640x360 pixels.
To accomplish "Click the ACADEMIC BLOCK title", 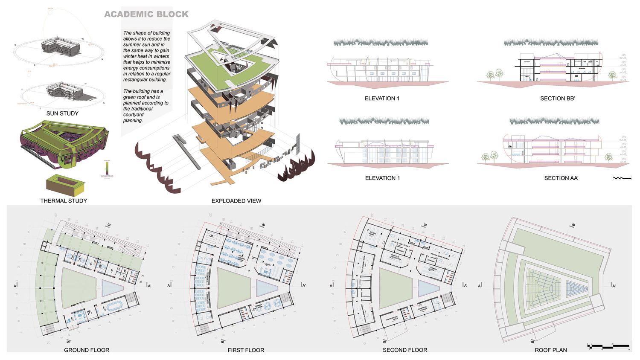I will tap(146, 14).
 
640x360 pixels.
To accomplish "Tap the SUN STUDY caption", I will tap(62, 113).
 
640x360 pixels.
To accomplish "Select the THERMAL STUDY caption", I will tap(64, 200).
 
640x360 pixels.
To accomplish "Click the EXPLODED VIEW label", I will tap(236, 200).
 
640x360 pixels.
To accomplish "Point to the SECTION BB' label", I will tap(558, 99).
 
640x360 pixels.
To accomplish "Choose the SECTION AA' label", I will tap(561, 178).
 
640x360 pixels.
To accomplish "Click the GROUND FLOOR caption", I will tap(87, 350).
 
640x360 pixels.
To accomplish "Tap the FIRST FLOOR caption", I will tap(246, 350).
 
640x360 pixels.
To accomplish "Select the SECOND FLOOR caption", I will tap(405, 350).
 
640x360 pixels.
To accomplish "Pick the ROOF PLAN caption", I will tap(551, 350).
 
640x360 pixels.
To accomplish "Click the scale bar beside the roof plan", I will tap(608, 346).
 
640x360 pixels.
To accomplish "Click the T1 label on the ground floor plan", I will tap(143, 276).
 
